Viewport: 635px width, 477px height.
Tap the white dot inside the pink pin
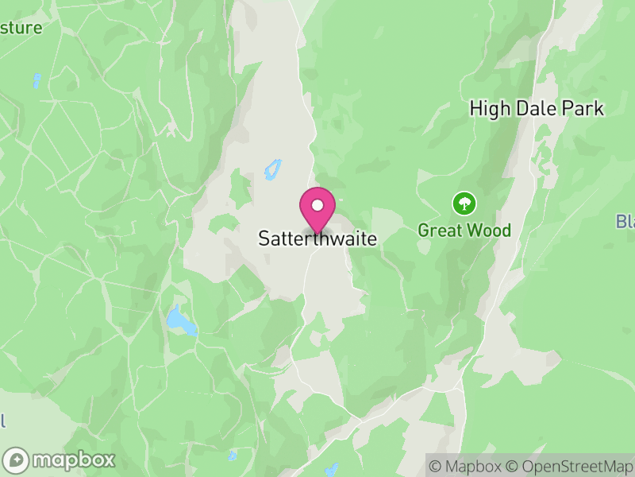317,205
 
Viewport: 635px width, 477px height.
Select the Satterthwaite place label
317,238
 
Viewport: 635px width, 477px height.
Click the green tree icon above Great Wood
464,204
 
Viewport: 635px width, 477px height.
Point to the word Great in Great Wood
438,231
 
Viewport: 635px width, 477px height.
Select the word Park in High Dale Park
582,109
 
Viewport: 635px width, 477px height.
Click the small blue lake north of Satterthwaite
272,169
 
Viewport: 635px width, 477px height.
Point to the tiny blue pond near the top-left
37,80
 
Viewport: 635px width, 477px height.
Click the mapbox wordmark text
73,460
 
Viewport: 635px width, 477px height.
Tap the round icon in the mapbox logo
17,460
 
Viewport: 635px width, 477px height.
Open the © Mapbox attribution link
468,466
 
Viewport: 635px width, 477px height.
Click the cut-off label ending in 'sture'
21,28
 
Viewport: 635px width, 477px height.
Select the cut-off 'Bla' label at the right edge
625,221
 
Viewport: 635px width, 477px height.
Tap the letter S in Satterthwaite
264,238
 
